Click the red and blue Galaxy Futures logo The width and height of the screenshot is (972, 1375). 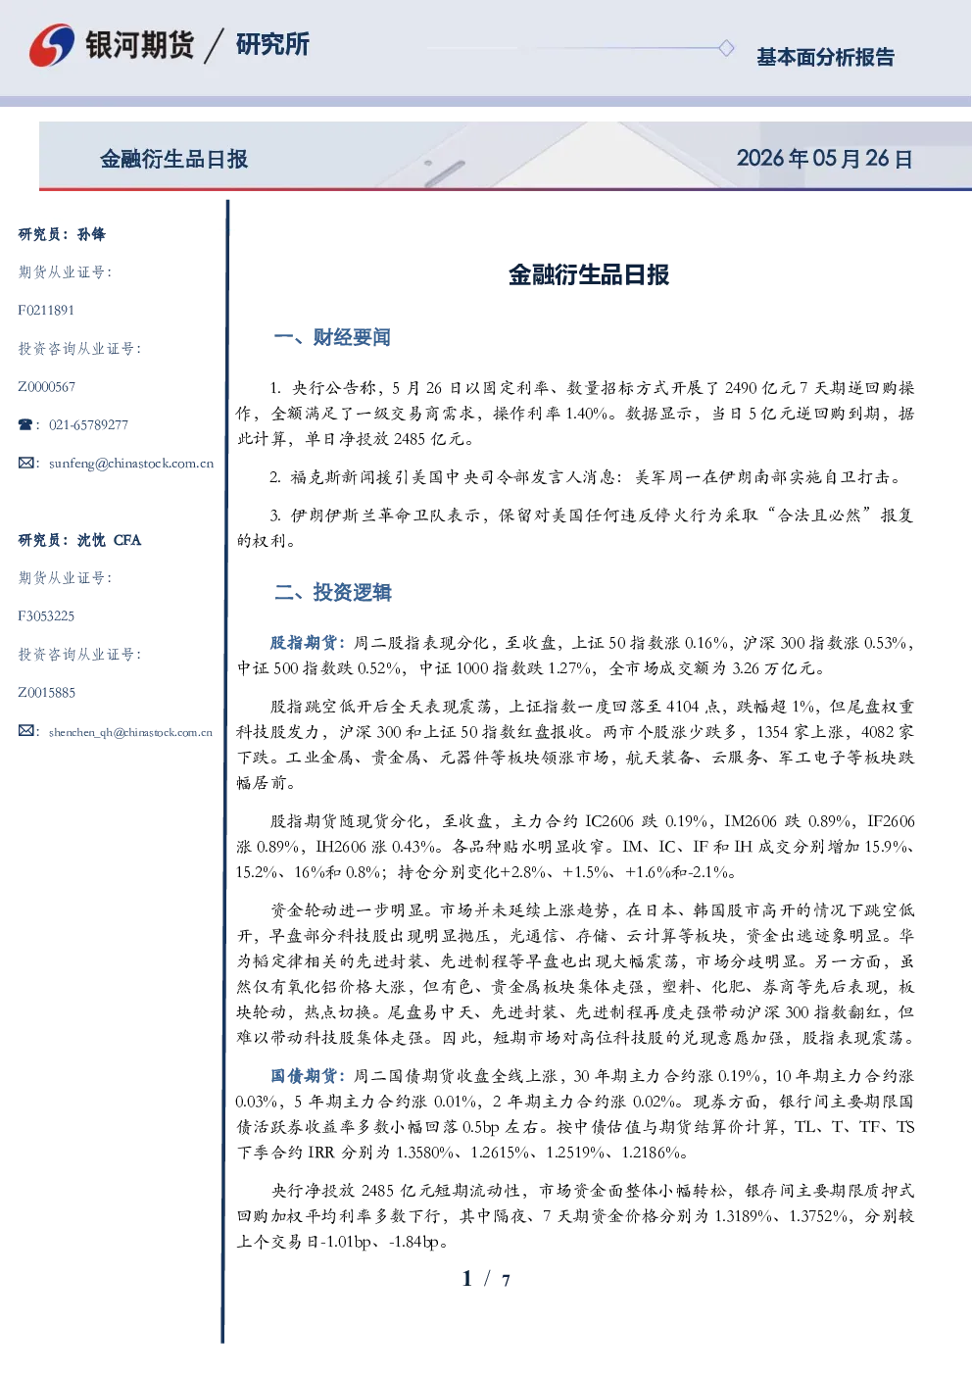tap(52, 45)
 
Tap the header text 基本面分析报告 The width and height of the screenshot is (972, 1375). tap(825, 57)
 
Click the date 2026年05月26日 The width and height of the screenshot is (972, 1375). tap(825, 159)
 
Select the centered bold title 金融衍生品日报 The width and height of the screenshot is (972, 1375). tap(589, 274)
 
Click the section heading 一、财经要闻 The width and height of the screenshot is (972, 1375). tap(332, 337)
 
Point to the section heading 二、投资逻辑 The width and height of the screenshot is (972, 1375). tap(332, 592)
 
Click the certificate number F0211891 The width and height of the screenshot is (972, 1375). tap(46, 311)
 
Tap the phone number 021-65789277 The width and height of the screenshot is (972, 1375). tap(88, 424)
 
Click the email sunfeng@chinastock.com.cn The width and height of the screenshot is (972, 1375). tap(131, 464)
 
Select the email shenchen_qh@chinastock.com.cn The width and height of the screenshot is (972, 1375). tap(130, 732)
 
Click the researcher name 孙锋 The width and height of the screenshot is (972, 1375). tap(91, 234)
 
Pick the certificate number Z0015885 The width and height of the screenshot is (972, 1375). tap(47, 693)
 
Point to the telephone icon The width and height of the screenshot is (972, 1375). tap(25, 424)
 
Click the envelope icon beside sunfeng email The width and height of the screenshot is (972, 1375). tap(25, 464)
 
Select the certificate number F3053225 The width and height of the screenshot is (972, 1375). tap(46, 616)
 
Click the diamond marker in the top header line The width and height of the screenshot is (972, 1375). tap(726, 48)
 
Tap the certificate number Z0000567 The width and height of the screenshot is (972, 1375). tap(47, 387)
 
